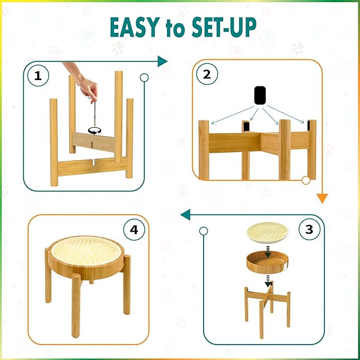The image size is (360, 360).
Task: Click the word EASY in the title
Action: (x=135, y=28)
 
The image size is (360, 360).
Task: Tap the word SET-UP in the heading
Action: (x=224, y=28)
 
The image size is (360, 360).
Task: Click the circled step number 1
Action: (x=38, y=75)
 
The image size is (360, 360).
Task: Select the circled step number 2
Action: (x=207, y=74)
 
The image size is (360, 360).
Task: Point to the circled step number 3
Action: (x=310, y=229)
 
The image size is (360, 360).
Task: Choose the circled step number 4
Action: (x=134, y=230)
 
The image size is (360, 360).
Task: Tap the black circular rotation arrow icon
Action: (x=94, y=131)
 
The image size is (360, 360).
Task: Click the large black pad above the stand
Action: (x=260, y=95)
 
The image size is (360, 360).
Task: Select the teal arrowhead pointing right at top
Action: (x=162, y=62)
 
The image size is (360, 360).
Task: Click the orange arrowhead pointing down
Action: (x=322, y=198)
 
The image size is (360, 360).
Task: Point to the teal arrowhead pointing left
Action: (x=185, y=215)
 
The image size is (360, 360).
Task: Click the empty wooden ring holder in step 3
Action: (x=267, y=262)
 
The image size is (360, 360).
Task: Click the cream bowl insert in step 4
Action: (x=87, y=252)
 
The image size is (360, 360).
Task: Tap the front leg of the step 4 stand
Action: (x=76, y=305)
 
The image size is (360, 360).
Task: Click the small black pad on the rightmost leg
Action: (x=309, y=126)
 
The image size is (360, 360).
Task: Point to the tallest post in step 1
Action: (x=118, y=117)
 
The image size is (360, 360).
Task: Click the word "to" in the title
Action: (x=175, y=29)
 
